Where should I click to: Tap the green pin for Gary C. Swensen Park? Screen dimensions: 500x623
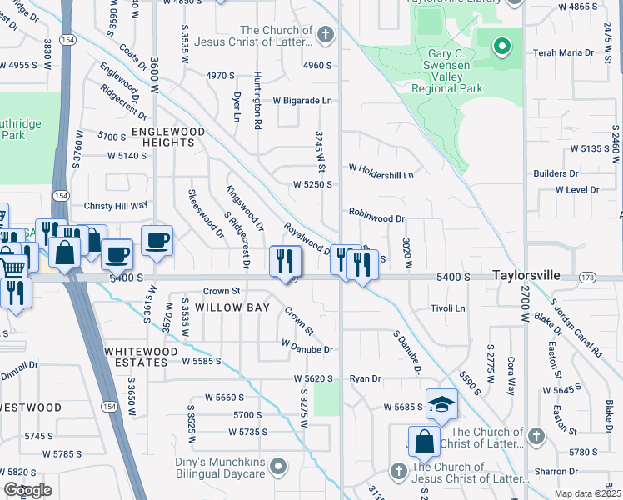pyautogui.click(x=501, y=47)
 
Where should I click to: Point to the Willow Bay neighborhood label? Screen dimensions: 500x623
pyautogui.click(x=232, y=307)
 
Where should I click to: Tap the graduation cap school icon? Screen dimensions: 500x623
pyautogui.click(x=442, y=404)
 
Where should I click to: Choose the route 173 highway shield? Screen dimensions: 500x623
pyautogui.click(x=588, y=276)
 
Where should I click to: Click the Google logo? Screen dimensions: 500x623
pyautogui.click(x=28, y=490)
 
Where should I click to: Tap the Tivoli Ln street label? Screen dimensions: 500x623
pyautogui.click(x=447, y=308)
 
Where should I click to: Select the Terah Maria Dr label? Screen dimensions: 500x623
pyautogui.click(x=566, y=52)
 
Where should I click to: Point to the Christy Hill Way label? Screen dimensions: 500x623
pyautogui.click(x=115, y=205)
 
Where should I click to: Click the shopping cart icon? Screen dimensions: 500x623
pyautogui.click(x=12, y=268)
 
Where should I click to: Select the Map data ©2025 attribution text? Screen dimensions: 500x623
pyautogui.click(x=586, y=493)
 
